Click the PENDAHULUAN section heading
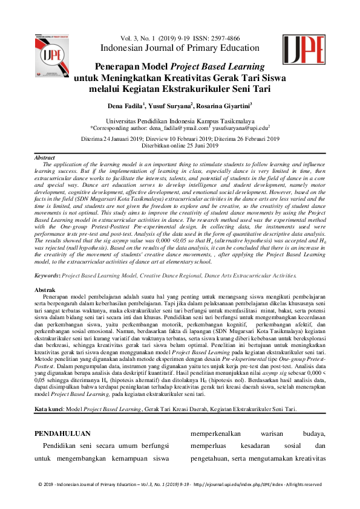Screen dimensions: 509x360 (63, 433)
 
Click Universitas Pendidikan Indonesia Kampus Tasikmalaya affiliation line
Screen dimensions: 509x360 (180, 121)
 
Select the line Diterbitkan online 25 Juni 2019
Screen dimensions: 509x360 (180, 146)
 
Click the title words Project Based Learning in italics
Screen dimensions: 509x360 (226, 66)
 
